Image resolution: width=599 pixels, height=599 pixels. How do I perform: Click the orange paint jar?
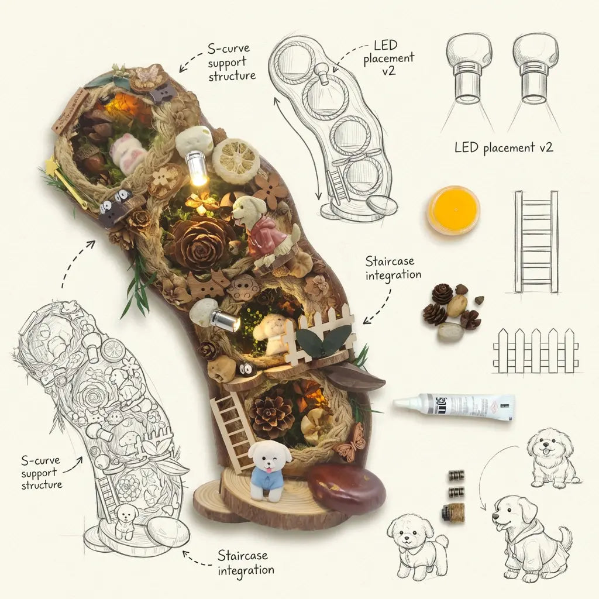pyautogui.click(x=453, y=210)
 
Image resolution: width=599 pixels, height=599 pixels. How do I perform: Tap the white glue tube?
pyautogui.click(x=454, y=407)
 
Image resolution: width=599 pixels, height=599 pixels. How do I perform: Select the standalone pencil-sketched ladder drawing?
pyautogui.click(x=536, y=242)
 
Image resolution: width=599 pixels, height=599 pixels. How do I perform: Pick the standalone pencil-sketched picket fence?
pyautogui.click(x=536, y=350)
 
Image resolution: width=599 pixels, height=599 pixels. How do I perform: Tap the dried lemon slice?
pyautogui.click(x=236, y=161)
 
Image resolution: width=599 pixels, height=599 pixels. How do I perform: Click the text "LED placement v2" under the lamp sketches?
pyautogui.click(x=504, y=147)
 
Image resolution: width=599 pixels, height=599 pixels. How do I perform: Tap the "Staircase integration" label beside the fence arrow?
pyautogui.click(x=393, y=268)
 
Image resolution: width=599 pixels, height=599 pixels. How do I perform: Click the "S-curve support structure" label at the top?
pyautogui.click(x=232, y=62)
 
